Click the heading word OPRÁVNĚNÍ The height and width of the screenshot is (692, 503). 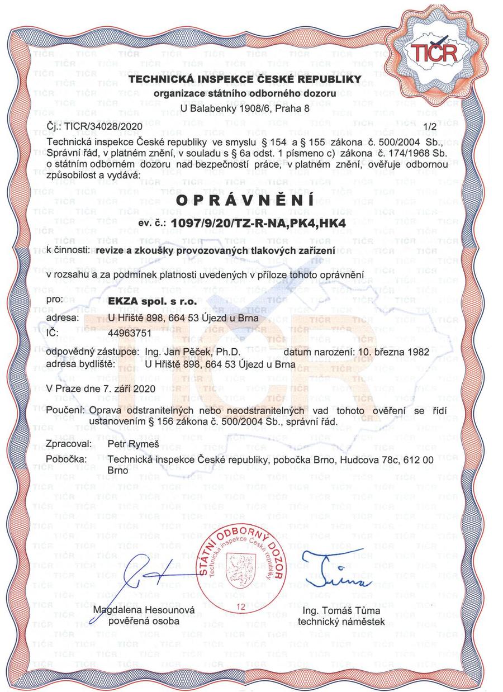245,200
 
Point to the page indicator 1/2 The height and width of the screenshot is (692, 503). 430,128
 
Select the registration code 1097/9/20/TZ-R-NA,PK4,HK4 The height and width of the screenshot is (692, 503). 258,223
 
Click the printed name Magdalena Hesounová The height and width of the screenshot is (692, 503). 144,610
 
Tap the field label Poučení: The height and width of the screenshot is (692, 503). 66,411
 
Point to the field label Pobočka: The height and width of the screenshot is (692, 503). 67,459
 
